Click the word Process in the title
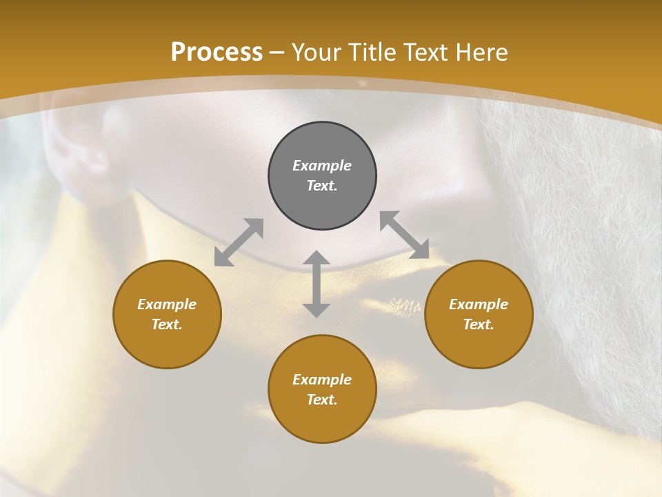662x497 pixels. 217,52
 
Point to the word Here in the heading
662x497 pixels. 482,52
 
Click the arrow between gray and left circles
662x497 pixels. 239,242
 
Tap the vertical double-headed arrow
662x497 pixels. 317,284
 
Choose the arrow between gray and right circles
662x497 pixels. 404,235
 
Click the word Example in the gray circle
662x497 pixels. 322,166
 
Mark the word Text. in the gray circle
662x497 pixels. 322,186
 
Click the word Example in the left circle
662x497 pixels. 167,304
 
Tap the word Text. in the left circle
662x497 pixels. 167,325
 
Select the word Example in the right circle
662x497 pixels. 479,304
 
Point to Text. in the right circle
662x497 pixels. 479,325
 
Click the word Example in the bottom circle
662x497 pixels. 322,380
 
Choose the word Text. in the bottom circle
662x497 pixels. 322,400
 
